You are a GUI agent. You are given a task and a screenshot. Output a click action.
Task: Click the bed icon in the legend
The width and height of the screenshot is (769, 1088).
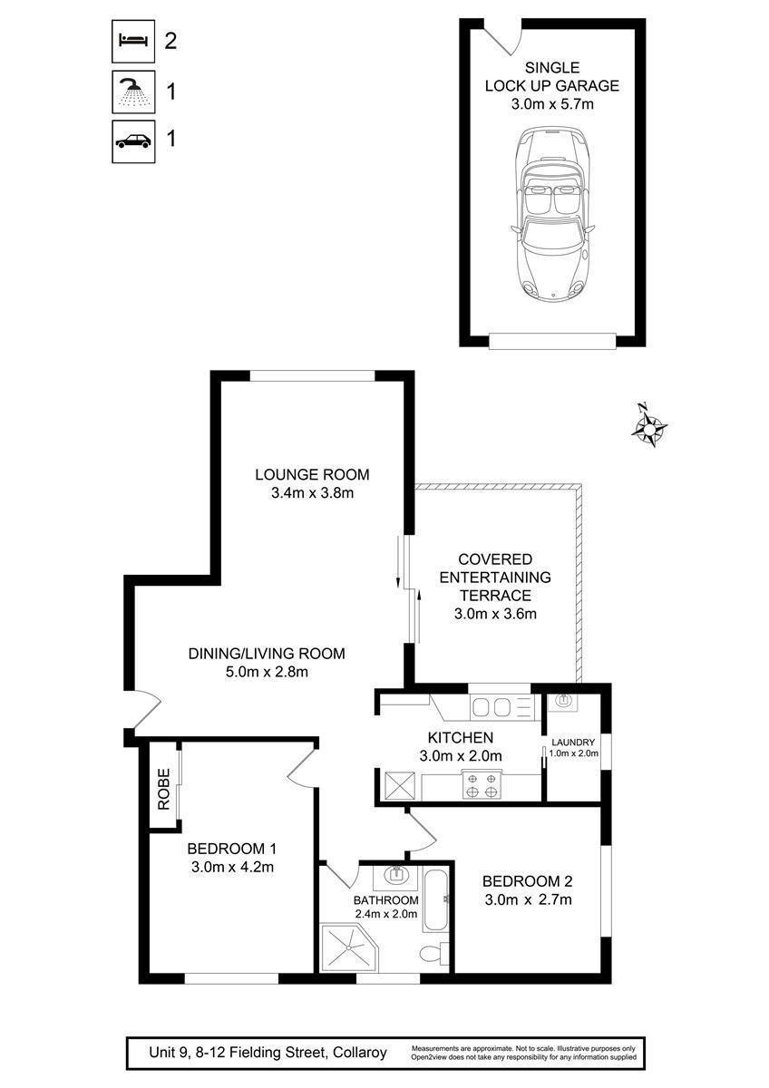point(133,42)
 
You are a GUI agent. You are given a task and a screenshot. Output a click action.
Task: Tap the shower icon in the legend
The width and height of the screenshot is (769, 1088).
point(133,92)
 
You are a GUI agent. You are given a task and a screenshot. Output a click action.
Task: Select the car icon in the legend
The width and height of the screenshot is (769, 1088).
point(133,141)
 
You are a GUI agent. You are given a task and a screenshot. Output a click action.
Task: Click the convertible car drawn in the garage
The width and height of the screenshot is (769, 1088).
point(553,213)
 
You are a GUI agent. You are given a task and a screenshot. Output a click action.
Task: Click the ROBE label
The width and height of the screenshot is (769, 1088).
point(164,789)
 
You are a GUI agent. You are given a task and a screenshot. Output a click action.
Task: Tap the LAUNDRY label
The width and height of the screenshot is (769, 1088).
point(573,743)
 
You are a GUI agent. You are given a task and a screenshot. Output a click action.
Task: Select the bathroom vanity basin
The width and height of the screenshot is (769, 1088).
point(397,875)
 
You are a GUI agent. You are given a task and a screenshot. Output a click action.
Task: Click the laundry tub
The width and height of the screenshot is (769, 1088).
point(562,702)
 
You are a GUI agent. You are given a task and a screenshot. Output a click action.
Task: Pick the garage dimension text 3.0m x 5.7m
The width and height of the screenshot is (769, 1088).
point(552,104)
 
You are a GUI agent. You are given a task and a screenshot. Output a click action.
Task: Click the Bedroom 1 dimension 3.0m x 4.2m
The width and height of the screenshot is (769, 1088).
point(232,867)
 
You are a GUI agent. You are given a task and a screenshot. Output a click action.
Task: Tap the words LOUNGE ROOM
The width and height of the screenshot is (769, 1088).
point(312,474)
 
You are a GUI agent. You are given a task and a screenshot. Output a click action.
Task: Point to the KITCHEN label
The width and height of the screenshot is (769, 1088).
point(460,737)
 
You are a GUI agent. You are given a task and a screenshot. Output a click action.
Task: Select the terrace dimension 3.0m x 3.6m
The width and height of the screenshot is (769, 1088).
point(495,614)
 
